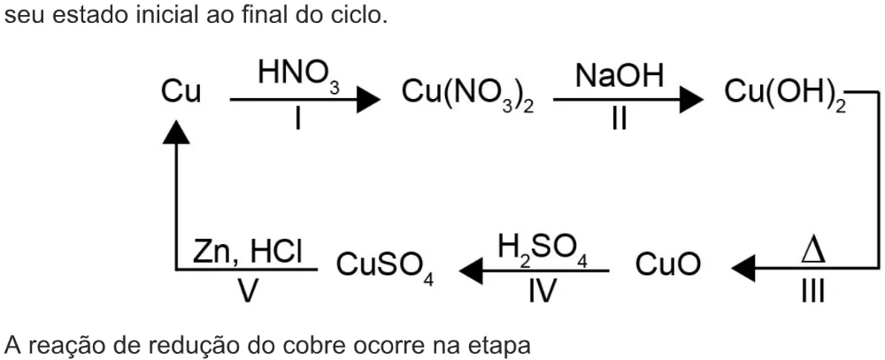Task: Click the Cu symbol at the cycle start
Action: (181, 92)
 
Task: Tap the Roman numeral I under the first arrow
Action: (296, 119)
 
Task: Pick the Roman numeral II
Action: (619, 119)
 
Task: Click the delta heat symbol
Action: (813, 252)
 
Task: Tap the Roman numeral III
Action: (812, 292)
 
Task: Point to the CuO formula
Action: (668, 264)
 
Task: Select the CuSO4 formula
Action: (385, 267)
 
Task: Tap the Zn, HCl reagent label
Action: (248, 252)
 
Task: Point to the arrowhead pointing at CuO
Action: (743, 268)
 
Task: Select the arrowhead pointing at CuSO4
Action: (472, 269)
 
